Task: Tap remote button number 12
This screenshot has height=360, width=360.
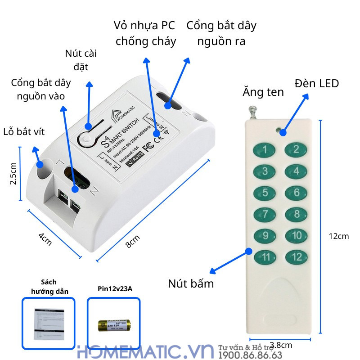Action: [x=297, y=257]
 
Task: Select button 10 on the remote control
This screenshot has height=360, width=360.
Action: [x=297, y=235]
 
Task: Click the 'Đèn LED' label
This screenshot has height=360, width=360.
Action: [x=317, y=83]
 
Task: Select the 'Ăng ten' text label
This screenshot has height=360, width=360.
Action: [x=263, y=92]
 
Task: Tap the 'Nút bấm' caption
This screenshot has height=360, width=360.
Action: [x=191, y=284]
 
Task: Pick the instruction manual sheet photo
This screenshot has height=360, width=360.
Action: [x=49, y=324]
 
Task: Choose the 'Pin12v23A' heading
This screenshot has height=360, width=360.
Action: [x=115, y=289]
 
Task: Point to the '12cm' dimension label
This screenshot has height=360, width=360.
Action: [x=338, y=236]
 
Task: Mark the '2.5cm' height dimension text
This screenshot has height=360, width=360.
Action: [x=13, y=173]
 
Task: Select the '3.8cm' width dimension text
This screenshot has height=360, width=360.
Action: [x=281, y=345]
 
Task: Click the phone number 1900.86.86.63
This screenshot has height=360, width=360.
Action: [x=250, y=356]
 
